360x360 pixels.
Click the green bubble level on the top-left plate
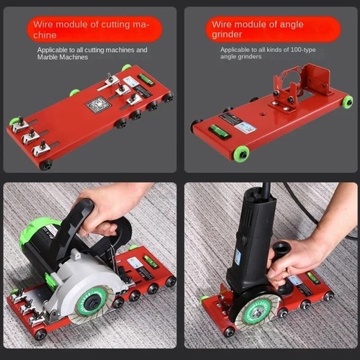[147, 81]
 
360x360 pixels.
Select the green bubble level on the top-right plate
[219, 132]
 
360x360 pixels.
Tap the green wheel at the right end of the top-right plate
[347, 102]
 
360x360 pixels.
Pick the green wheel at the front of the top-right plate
[240, 153]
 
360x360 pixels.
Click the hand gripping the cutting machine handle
[112, 205]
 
